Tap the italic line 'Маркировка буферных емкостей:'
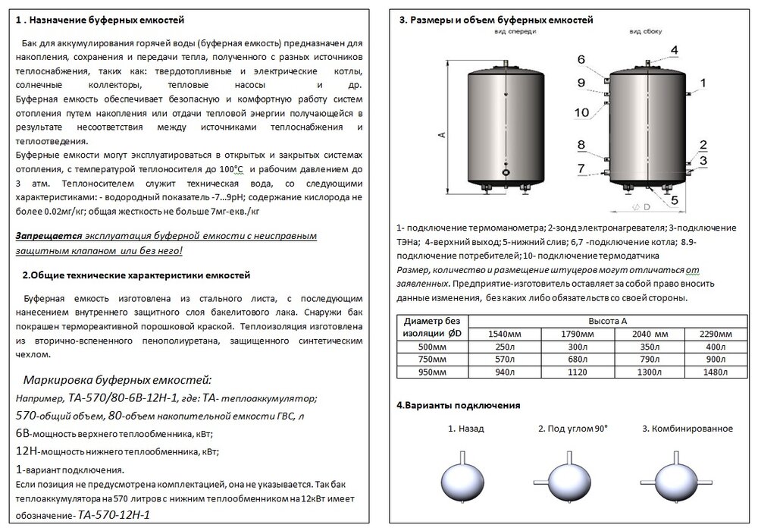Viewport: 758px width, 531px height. (x=117, y=379)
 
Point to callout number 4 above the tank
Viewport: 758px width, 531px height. (x=673, y=49)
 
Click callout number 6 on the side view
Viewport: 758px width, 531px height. (x=581, y=59)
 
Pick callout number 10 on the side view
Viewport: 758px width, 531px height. (x=581, y=112)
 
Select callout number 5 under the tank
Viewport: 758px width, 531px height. (x=673, y=200)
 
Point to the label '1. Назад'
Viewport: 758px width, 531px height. (x=466, y=429)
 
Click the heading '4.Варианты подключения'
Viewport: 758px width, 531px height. (x=458, y=406)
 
